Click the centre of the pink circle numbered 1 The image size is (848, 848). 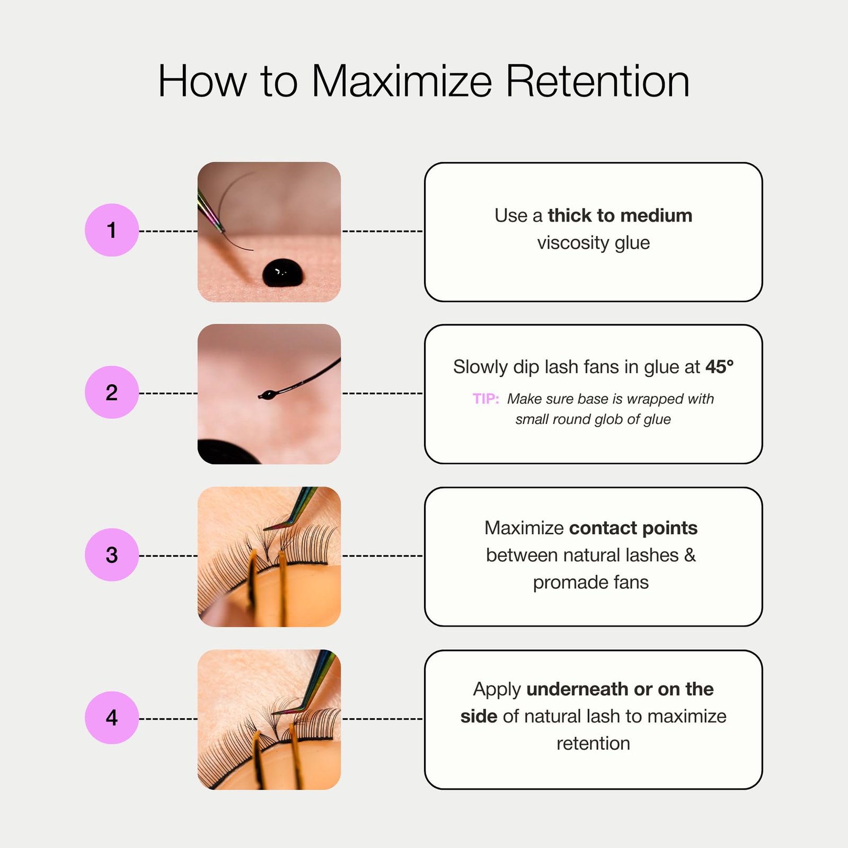coord(112,230)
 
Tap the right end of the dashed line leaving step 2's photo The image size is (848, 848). coord(423,393)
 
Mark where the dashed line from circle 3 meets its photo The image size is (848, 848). coord(198,556)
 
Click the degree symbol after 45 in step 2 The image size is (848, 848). coord(731,361)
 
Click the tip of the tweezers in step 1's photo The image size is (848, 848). coord(222,231)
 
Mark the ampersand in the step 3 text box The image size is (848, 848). coord(690,555)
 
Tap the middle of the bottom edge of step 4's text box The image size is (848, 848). coord(594,789)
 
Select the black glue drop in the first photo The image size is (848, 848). coord(284,273)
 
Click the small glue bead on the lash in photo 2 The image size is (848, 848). coord(268,394)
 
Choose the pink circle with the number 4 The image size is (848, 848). coord(112,718)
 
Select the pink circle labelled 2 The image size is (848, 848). coord(112,392)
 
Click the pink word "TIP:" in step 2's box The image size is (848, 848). coord(486,399)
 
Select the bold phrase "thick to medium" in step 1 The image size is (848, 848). coord(620,215)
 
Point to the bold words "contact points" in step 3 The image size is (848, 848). coord(633,528)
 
